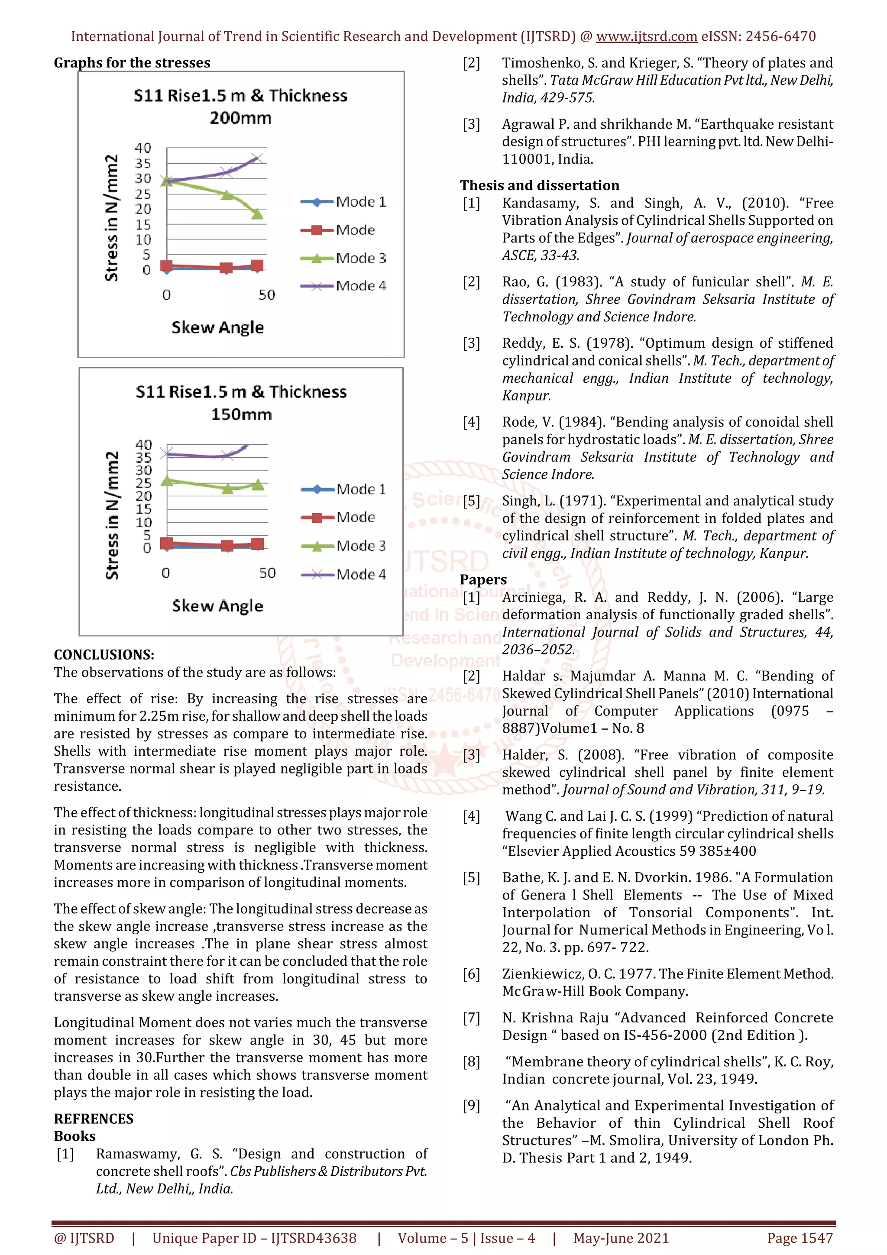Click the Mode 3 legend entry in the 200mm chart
tap(360, 258)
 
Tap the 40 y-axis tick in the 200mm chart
tap(143, 148)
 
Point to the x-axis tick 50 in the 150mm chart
tap(267, 573)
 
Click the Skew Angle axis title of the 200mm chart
tap(217, 327)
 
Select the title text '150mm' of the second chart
tap(242, 414)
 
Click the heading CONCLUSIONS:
tap(104, 654)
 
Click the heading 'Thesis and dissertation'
tap(539, 185)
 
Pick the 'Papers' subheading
tap(483, 579)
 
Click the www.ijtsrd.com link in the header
tap(646, 37)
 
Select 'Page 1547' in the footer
tap(800, 1238)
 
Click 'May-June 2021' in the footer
tap(621, 1238)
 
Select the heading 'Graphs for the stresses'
tap(132, 63)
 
